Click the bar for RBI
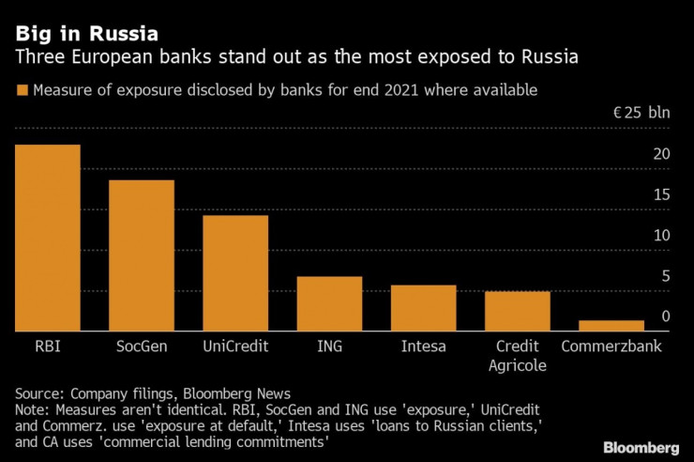tap(47, 238)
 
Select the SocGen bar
tap(141, 255)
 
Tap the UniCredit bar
tap(235, 273)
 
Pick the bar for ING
tap(329, 303)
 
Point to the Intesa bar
tap(423, 308)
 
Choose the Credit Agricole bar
tap(517, 311)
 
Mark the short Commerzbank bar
tap(611, 326)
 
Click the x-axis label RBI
tap(47, 346)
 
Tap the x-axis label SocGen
tap(141, 346)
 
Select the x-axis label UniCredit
tap(235, 346)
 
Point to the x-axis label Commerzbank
tap(611, 346)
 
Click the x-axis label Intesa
tap(423, 346)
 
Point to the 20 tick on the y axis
tap(661, 154)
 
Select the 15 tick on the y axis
tap(661, 194)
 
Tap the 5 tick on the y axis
tap(665, 276)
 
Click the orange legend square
tap(21, 91)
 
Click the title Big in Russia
tap(85, 33)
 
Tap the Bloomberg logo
tap(641, 446)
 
